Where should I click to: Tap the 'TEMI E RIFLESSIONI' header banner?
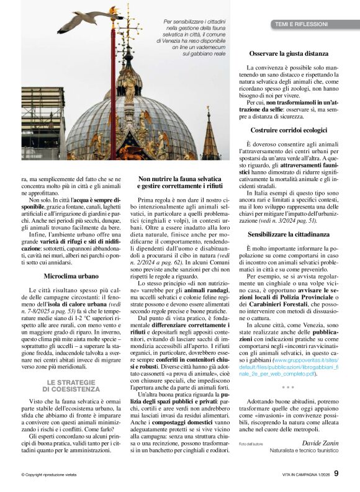point(304,24)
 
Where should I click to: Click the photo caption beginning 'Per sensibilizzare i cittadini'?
point(185,37)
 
